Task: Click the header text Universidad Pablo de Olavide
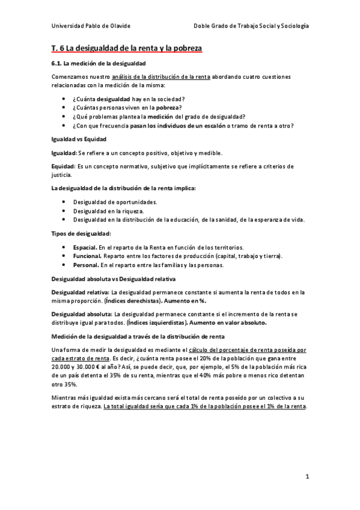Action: click(x=91, y=26)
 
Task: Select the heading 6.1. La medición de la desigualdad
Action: click(x=98, y=63)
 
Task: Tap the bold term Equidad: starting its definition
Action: click(x=64, y=166)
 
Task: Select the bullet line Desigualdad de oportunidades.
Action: click(x=115, y=201)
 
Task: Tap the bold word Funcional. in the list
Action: click(x=87, y=256)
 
